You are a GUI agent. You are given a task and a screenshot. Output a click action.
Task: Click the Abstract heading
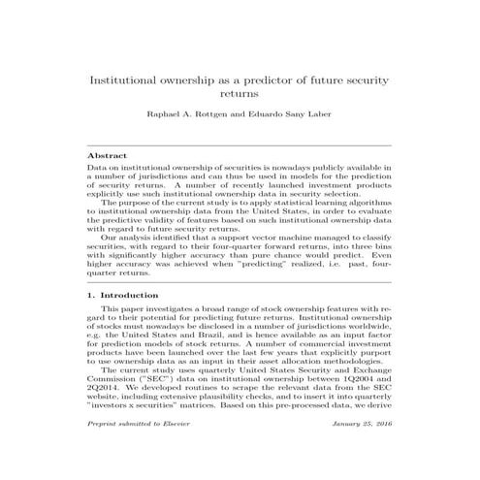(x=107, y=155)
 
